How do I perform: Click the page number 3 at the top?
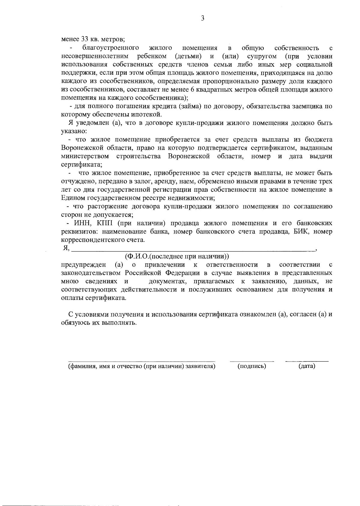tap(202, 18)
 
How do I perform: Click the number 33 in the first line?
tap(85, 39)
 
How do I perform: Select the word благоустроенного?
tap(111, 48)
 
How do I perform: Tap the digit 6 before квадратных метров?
tap(192, 89)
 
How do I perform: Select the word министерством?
tap(85, 156)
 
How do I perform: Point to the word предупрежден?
tap(84, 265)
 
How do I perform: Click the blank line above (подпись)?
tap(252, 361)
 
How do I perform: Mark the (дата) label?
tap(307, 366)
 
